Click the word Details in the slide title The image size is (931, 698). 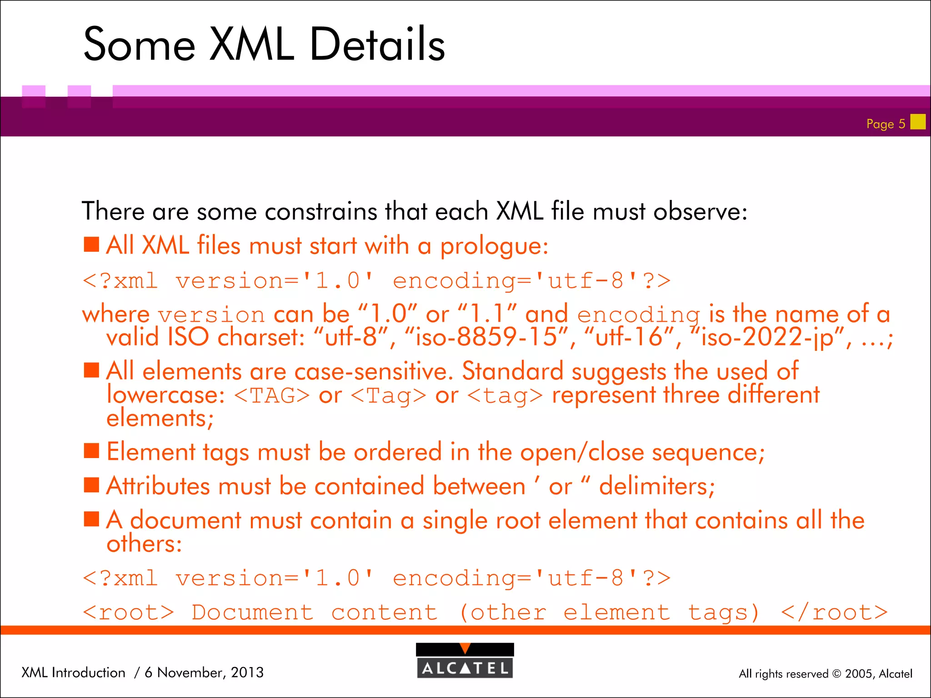pos(377,44)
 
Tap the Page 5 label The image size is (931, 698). pos(885,124)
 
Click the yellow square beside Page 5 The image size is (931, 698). pos(918,122)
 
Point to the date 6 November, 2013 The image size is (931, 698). pos(204,672)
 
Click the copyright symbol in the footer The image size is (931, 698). pos(836,674)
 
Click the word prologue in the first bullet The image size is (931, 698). pos(493,247)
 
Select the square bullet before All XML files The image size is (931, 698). pos(91,244)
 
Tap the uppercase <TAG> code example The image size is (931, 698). pos(272,395)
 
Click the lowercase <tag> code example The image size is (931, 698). pos(505,395)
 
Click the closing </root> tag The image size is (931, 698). pos(834,613)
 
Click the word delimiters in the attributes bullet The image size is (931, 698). pos(656,486)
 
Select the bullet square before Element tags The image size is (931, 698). pos(91,451)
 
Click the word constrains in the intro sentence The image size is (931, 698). pos(321,212)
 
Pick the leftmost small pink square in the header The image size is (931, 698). pos(34,96)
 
